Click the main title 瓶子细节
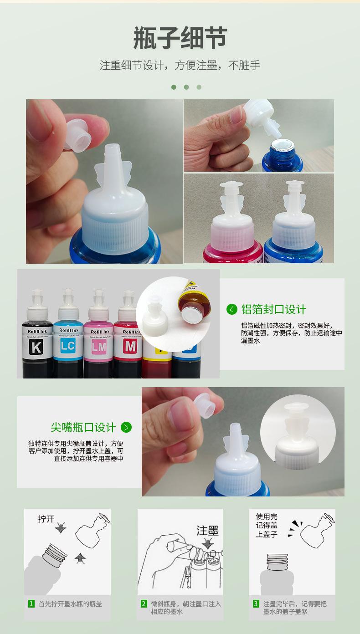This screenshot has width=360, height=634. click(x=180, y=38)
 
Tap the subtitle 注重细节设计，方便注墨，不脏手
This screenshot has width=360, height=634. click(x=180, y=65)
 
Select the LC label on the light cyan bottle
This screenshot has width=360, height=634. click(x=67, y=347)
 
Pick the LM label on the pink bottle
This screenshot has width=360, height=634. click(x=98, y=348)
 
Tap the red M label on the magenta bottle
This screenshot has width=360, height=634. click(x=130, y=347)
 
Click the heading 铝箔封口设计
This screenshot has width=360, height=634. click(x=273, y=310)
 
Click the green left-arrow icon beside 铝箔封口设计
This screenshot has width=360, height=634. click(x=232, y=310)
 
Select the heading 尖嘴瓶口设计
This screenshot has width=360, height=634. click(x=83, y=427)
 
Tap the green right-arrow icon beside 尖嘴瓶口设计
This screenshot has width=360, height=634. click(x=126, y=427)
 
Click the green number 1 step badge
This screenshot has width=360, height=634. click(x=31, y=603)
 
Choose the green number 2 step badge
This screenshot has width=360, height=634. click(x=144, y=603)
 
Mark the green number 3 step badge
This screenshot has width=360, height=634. click(x=256, y=603)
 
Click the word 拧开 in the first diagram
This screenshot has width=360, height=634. click(x=46, y=519)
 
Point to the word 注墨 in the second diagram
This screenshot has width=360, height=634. click(x=207, y=531)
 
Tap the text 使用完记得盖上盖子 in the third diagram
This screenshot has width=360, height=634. click(x=267, y=525)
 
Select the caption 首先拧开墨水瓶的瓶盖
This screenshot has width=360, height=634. click(x=70, y=604)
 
